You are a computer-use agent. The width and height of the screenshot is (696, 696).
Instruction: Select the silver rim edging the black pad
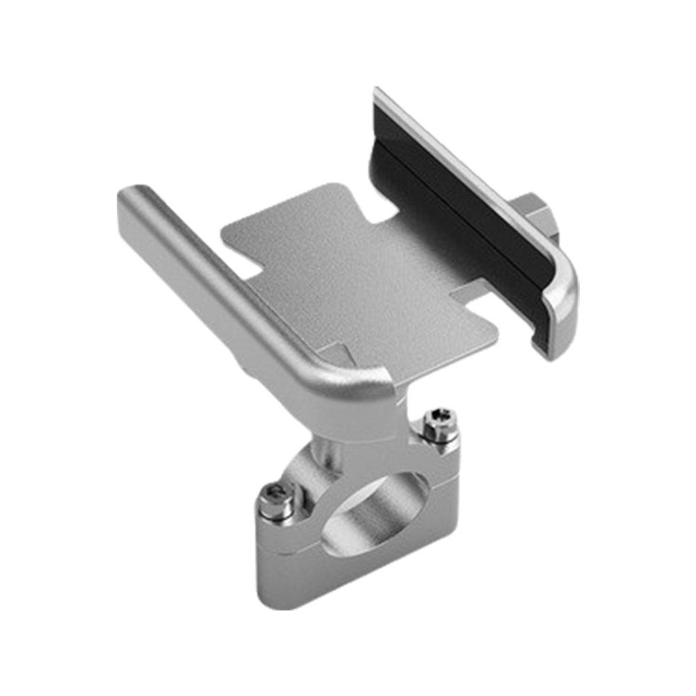pos(473,174)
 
